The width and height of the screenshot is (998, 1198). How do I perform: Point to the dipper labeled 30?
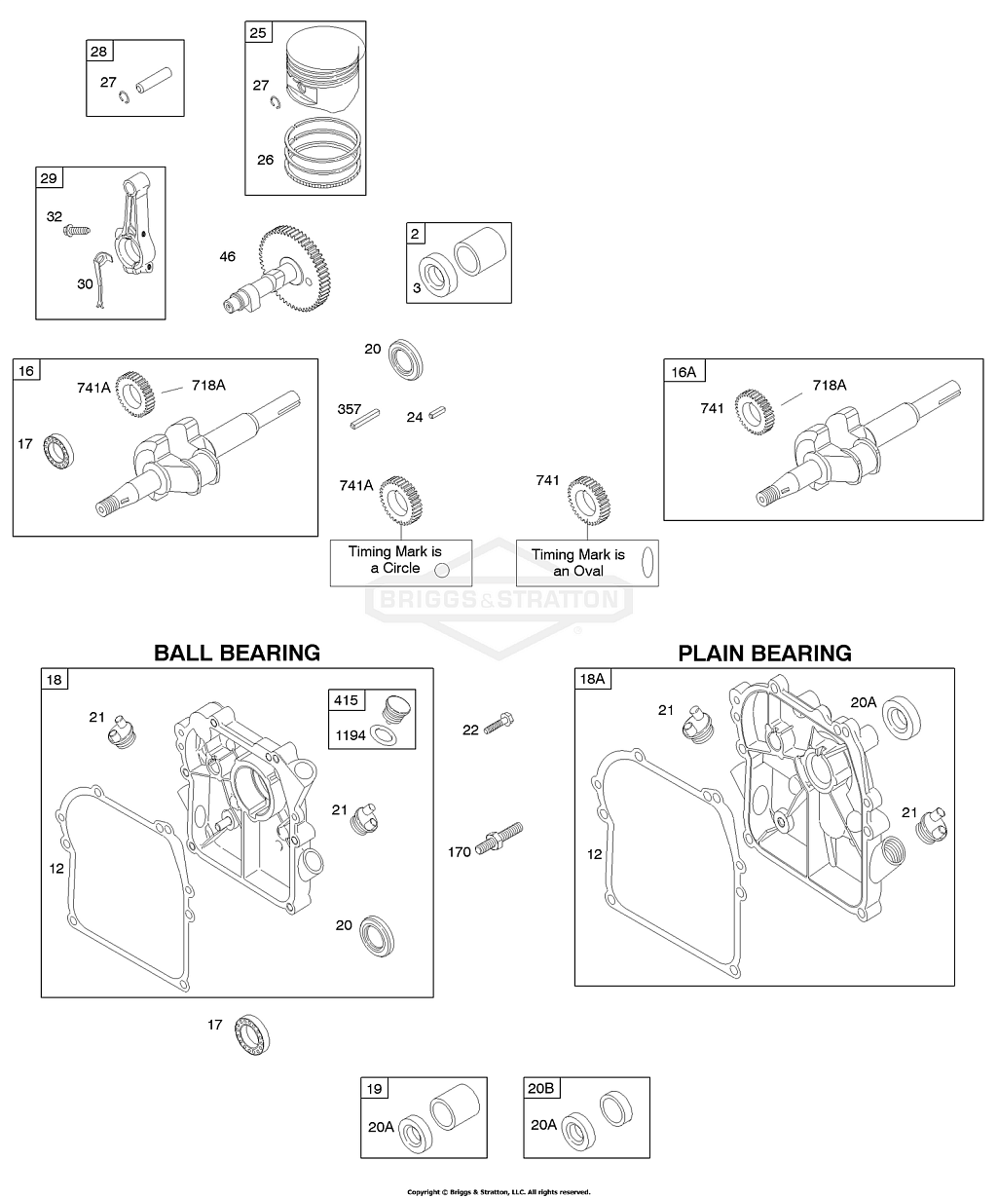[x=100, y=279]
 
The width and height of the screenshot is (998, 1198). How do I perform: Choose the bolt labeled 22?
[x=498, y=726]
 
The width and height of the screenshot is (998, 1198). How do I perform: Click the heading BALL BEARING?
[x=237, y=653]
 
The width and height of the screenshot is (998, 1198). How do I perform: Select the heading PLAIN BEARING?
[x=764, y=654]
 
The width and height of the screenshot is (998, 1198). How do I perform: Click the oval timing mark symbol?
[x=646, y=562]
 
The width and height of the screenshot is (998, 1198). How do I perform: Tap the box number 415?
[x=347, y=700]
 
